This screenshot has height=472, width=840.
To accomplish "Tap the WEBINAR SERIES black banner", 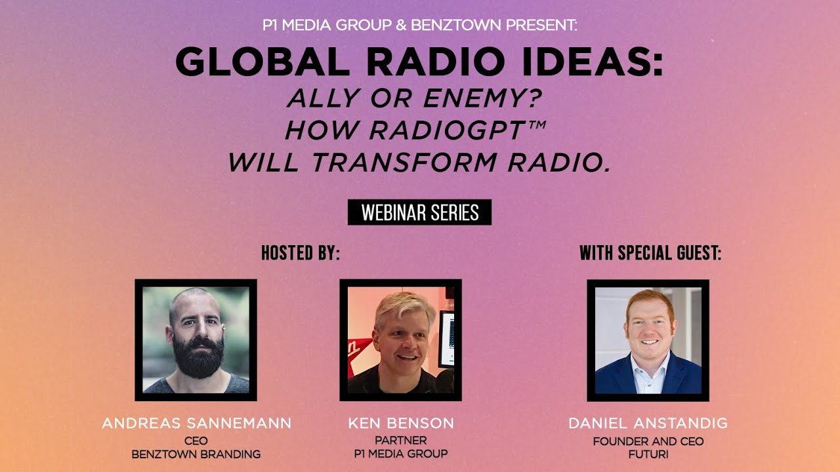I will [419, 212].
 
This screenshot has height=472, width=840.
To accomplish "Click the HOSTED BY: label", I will [301, 253].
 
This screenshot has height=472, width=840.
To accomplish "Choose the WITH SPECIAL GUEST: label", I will [650, 253].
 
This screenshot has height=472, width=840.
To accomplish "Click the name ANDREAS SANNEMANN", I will [196, 423].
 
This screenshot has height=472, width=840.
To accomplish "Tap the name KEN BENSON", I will [400, 423].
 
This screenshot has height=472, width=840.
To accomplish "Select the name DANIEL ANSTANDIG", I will [648, 423].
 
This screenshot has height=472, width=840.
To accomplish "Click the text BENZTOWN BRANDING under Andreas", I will [196, 454].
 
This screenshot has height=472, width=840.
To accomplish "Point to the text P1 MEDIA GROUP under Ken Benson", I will [400, 454].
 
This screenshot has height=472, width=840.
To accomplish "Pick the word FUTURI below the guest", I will [648, 454].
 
